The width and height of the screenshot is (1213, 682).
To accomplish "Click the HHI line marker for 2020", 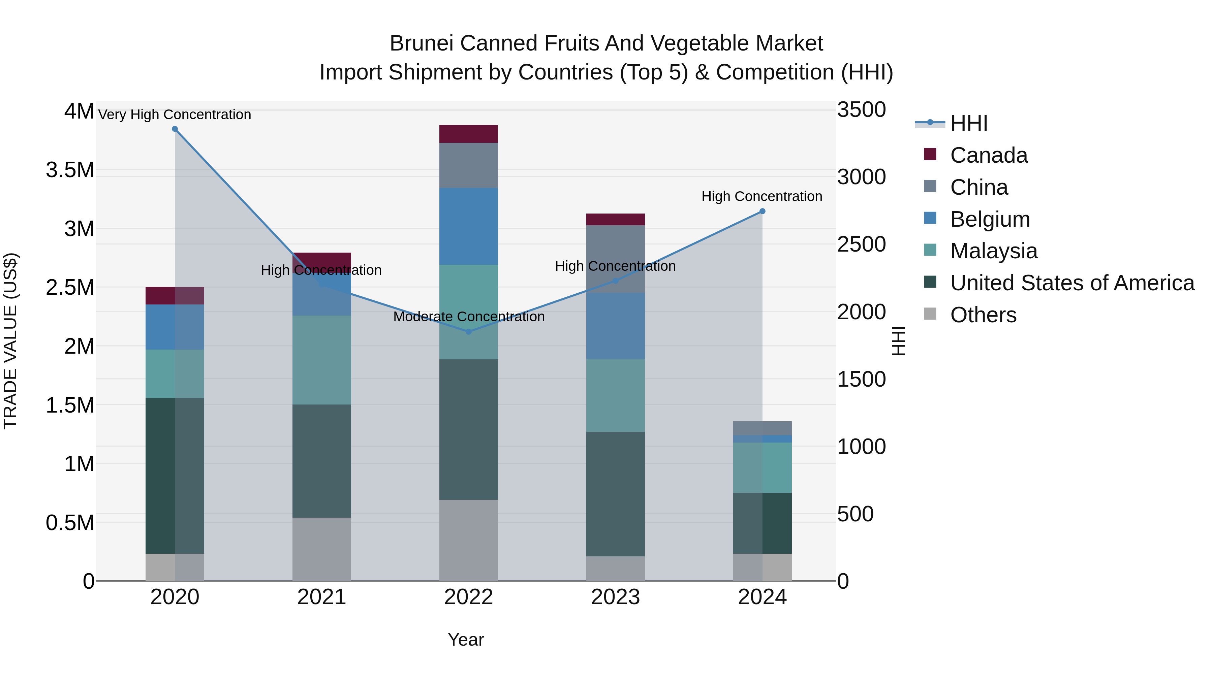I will click(175, 129).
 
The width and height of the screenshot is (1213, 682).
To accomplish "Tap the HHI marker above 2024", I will click(763, 211).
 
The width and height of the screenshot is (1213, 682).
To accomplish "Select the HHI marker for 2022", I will click(469, 332).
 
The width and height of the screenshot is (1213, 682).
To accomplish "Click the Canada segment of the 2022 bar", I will click(469, 134).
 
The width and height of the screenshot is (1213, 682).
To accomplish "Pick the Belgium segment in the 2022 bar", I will click(469, 226).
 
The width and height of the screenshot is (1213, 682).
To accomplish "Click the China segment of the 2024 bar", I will click(763, 428).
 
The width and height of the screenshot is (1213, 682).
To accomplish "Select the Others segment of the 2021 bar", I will click(322, 549).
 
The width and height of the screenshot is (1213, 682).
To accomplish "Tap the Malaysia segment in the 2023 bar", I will click(616, 395).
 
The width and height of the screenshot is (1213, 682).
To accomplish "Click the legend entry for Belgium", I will click(990, 219).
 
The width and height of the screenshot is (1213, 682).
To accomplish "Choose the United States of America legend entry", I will click(1072, 283).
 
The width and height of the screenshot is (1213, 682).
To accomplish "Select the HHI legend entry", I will click(969, 123).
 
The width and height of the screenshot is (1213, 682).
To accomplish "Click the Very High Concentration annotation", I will click(175, 115).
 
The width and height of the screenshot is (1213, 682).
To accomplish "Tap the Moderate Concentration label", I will click(469, 317).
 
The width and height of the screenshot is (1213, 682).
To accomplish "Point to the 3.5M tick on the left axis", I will click(70, 170).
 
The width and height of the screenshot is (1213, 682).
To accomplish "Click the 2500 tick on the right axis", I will click(861, 244).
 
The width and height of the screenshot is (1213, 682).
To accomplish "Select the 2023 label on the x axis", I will click(616, 597).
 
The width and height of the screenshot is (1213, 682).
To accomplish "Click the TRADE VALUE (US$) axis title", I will click(10, 341).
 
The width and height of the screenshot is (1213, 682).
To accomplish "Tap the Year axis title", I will click(466, 640).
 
